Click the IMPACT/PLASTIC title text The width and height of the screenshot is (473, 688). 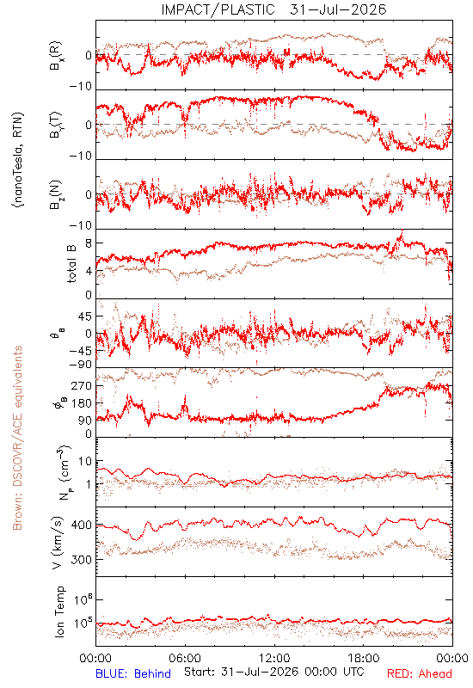coord(218,9)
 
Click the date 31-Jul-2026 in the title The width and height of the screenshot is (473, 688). coord(338,9)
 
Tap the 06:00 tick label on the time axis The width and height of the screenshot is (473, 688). coord(185,658)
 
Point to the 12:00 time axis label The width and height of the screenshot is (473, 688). coord(274,658)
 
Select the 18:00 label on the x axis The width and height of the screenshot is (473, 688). coord(364,658)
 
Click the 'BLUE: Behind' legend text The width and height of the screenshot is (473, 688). coord(133,673)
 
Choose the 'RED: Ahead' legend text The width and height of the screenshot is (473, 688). coord(419,673)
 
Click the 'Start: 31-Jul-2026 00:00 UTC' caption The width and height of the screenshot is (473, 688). coord(273,672)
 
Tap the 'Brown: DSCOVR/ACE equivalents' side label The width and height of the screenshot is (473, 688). coord(17,438)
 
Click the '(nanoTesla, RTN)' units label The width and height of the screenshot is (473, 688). coord(17,160)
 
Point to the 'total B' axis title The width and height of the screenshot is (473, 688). coord(71,264)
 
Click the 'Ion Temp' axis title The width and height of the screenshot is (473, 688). coord(59,611)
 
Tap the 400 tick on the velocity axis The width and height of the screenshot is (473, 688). coord(81,525)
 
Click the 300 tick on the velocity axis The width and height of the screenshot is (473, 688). coord(81,560)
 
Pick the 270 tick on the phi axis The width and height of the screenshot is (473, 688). coord(81,385)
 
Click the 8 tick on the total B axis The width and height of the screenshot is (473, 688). coord(89,243)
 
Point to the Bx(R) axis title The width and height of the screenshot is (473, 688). coord(56,56)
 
